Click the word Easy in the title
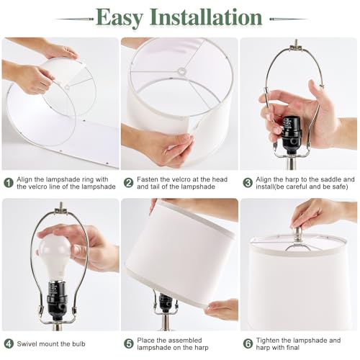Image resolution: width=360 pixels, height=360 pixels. [x=120, y=18]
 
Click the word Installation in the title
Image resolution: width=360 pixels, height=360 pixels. [x=206, y=17]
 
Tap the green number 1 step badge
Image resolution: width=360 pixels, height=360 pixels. [x=9, y=183]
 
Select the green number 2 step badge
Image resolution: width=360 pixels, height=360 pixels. [x=129, y=183]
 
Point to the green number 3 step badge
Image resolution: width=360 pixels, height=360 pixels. [x=248, y=183]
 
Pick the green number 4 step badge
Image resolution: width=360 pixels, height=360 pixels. [x=9, y=343]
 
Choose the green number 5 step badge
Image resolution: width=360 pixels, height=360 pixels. [x=129, y=343]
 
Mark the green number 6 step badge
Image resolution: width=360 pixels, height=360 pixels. [x=248, y=343]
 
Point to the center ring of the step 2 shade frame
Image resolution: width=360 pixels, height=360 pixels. [x=181, y=71]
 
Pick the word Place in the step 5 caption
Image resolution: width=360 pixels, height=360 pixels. [x=145, y=341]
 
